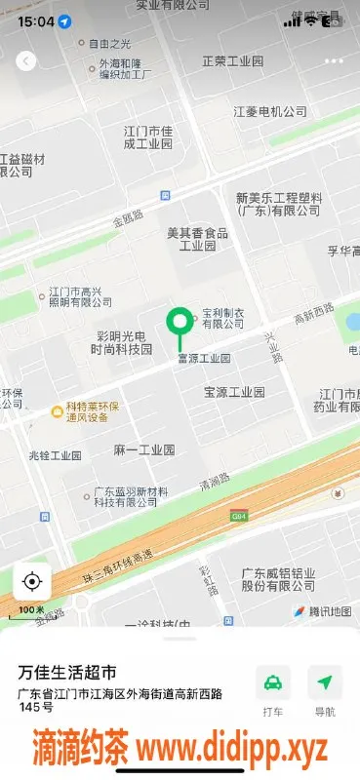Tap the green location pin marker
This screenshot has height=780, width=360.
[179, 322]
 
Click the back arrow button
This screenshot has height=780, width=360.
[26, 60]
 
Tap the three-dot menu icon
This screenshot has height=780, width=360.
[335, 60]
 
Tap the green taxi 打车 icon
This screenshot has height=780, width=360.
[274, 682]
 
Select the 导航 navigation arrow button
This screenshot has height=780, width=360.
[325, 682]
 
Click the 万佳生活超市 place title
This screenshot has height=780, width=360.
[68, 673]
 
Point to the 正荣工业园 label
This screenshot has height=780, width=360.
[232, 61]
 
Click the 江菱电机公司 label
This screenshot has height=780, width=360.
[270, 112]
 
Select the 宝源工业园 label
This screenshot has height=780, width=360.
[234, 392]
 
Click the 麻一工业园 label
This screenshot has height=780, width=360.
[143, 450]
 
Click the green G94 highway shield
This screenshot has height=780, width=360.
[238, 515]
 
